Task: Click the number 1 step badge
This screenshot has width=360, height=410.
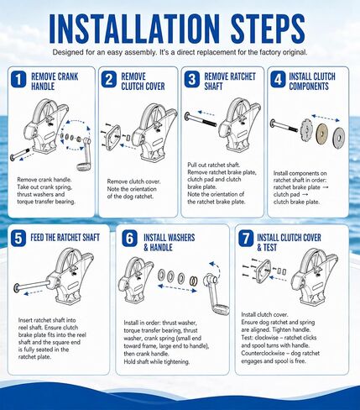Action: (x=18, y=79)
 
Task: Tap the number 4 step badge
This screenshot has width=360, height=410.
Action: (x=278, y=79)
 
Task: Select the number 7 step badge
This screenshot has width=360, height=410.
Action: (x=246, y=239)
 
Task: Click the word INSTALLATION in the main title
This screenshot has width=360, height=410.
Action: (x=134, y=29)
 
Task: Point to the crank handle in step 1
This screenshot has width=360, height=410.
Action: (x=84, y=155)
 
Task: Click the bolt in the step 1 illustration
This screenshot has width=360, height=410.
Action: (x=19, y=155)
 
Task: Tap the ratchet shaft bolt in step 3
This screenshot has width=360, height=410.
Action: (x=201, y=119)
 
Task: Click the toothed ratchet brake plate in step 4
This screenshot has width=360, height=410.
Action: (x=306, y=129)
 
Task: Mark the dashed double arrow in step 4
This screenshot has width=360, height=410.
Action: (x=326, y=118)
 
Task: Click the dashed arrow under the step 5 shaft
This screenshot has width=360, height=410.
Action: (x=33, y=292)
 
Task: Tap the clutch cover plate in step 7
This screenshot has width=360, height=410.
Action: (x=264, y=271)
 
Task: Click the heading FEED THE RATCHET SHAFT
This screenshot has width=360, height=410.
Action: (x=65, y=238)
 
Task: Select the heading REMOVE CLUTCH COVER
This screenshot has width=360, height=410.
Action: (x=143, y=81)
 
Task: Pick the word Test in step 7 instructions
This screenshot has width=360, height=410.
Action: (x=247, y=338)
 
